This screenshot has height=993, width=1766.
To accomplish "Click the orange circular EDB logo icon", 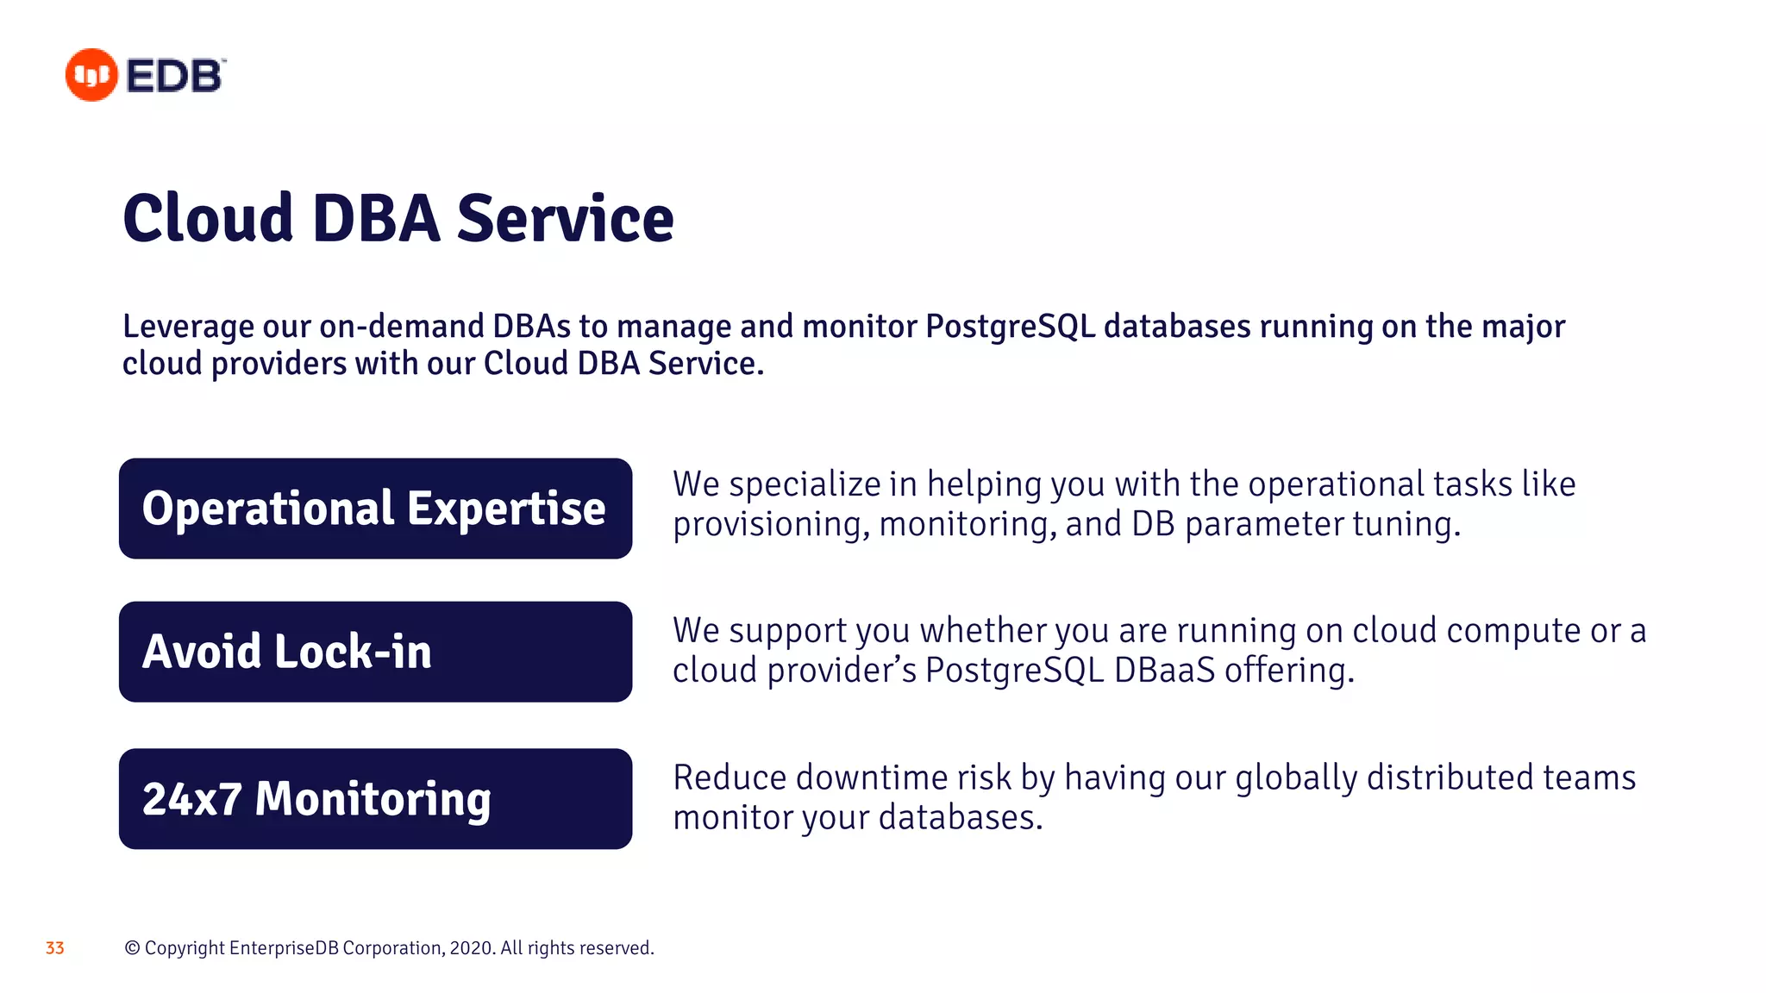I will [x=91, y=75].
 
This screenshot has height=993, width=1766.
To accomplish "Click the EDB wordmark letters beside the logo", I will [x=176, y=76].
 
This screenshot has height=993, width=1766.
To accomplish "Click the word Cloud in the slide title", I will [x=208, y=218].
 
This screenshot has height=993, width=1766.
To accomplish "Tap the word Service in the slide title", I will [x=565, y=218].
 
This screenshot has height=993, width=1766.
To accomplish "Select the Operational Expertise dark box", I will [x=375, y=509].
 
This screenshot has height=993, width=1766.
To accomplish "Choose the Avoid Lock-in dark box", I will [x=375, y=652].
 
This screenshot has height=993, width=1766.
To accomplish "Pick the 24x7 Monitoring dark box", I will [x=375, y=799].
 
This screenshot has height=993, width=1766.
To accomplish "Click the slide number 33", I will [x=55, y=948].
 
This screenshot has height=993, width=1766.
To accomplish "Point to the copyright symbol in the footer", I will [x=132, y=948].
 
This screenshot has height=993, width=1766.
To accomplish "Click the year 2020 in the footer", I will [x=471, y=948].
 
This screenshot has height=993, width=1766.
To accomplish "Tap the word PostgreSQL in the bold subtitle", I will [x=1010, y=327].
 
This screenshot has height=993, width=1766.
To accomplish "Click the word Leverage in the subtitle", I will [x=188, y=327].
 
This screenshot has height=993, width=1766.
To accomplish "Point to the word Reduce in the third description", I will [x=730, y=778].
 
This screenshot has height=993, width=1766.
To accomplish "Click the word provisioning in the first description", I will [x=771, y=525].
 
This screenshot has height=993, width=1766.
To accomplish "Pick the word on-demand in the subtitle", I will [x=401, y=327].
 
